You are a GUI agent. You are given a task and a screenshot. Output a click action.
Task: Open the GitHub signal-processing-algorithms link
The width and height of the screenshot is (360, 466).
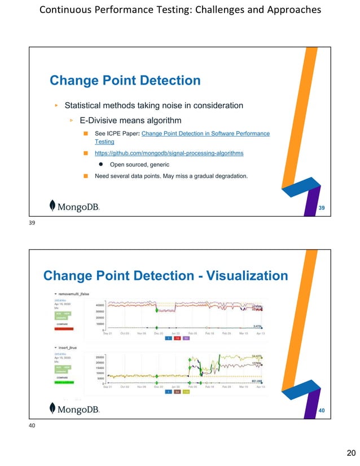pos(169,153)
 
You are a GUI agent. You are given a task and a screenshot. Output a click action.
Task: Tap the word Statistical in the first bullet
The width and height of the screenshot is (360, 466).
pos(86,105)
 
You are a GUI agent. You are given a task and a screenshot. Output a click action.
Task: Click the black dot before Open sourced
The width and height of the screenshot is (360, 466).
pos(100,165)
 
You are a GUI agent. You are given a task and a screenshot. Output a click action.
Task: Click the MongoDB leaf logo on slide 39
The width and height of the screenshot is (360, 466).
pos(52,206)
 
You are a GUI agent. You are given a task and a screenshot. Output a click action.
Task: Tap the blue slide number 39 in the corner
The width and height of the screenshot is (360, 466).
pos(321,208)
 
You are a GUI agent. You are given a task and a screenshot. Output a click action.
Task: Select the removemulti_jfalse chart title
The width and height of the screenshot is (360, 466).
pos(73,294)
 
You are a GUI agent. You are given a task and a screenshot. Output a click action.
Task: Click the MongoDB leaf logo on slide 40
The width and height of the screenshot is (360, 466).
pos(52,408)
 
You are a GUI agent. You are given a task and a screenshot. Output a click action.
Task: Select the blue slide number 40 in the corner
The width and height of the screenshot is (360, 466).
pos(321,410)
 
